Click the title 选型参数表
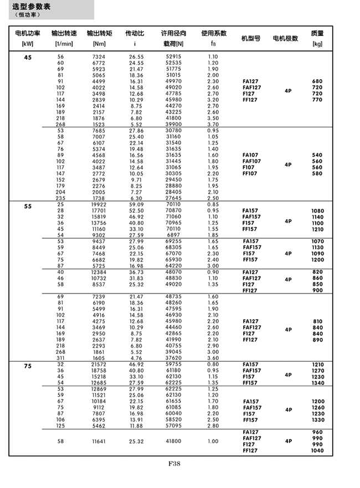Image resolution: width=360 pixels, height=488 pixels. point(32,6)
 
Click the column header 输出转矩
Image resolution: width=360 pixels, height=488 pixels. point(100,33)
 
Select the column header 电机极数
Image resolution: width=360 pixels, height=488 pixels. point(285,38)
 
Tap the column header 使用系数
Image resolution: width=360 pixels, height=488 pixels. point(213,33)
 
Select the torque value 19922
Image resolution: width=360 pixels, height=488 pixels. point(99,204)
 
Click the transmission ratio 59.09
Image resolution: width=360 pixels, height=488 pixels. point(136,204)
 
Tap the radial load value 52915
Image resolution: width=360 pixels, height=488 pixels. point(173,57)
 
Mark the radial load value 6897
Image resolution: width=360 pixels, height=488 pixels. point(173,235)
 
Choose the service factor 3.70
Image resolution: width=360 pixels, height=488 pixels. point(213,124)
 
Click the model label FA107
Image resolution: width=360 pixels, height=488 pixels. point(250,155)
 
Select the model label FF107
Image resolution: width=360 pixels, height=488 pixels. point(250,173)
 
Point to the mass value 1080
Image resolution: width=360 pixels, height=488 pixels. point(317,211)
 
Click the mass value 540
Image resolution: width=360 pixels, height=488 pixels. point(317,155)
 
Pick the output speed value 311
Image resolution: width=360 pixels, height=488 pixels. point(60,358)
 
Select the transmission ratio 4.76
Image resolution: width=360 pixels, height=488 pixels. point(136,358)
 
